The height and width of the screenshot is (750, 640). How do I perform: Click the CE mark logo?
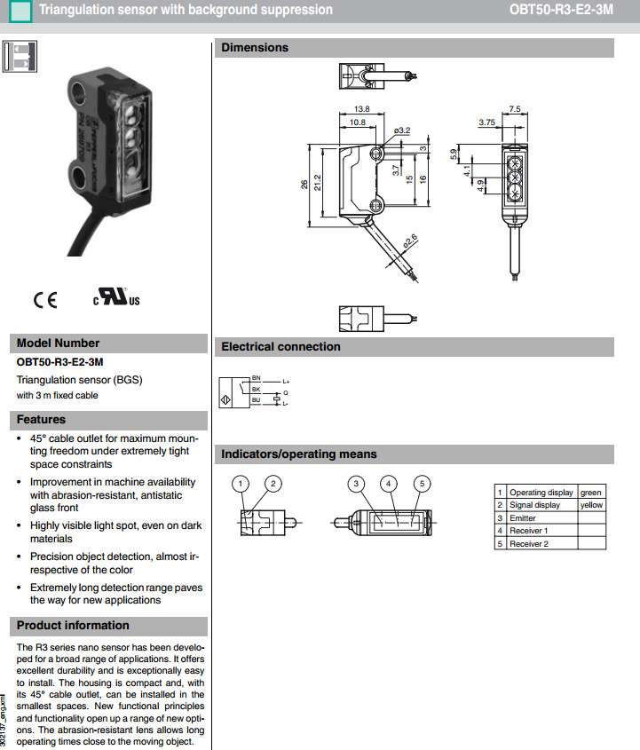point(45,300)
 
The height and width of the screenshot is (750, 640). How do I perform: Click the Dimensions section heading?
point(255,48)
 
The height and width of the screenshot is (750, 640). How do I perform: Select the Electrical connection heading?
point(280,347)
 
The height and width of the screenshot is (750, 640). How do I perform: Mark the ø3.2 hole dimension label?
point(402,130)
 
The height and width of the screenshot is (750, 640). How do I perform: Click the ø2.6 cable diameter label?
point(409,240)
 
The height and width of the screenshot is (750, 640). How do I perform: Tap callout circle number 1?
point(241,484)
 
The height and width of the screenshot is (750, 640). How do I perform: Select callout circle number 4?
point(388,484)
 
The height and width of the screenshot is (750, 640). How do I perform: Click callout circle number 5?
point(423,484)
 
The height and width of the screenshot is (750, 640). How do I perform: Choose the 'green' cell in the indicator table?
point(590,493)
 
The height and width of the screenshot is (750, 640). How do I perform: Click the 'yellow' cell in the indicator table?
point(590,505)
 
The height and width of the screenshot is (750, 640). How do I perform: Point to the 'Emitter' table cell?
point(523,517)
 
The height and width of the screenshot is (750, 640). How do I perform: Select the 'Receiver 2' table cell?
point(528,543)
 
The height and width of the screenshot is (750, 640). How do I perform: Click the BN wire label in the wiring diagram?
point(257,379)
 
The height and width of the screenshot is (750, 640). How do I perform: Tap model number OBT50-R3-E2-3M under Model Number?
point(59,362)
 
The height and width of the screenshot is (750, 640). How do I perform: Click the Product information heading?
point(73,626)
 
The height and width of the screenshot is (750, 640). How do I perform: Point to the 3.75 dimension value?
point(486,122)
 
